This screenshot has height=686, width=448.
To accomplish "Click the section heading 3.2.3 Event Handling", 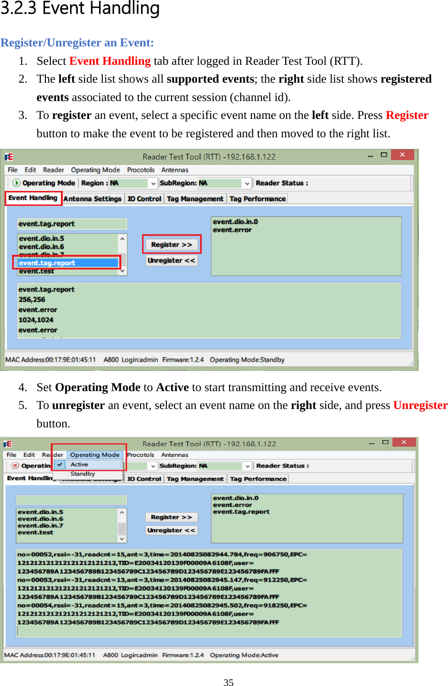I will point(80,8).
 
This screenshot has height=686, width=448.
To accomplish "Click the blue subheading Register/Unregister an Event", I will point(77,43).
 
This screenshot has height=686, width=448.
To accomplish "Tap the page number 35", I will point(229,682).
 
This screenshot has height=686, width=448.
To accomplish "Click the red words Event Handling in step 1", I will point(110,61).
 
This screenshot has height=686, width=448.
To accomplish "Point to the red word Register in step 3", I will point(407,115).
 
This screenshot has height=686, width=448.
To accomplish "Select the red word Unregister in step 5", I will point(420,405).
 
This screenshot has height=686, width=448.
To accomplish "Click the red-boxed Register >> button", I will point(172,245).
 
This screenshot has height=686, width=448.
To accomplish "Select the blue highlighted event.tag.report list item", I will point(68,263).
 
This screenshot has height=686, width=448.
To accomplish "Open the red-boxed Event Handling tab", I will point(33,198).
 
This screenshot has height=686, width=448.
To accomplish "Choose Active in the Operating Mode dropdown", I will point(79,464).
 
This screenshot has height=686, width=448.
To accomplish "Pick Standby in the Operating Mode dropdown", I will point(83,474).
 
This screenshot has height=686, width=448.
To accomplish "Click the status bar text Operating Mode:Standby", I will point(247,360).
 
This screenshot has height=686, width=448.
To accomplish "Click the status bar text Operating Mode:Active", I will point(244,655).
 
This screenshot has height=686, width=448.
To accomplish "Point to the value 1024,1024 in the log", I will point(36,320).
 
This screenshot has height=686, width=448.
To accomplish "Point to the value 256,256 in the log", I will point(32,300).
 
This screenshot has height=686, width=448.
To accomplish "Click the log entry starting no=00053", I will point(162,580).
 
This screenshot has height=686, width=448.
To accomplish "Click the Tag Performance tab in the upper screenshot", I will point(258,199).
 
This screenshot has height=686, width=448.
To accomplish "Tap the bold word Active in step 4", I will point(173,387).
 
